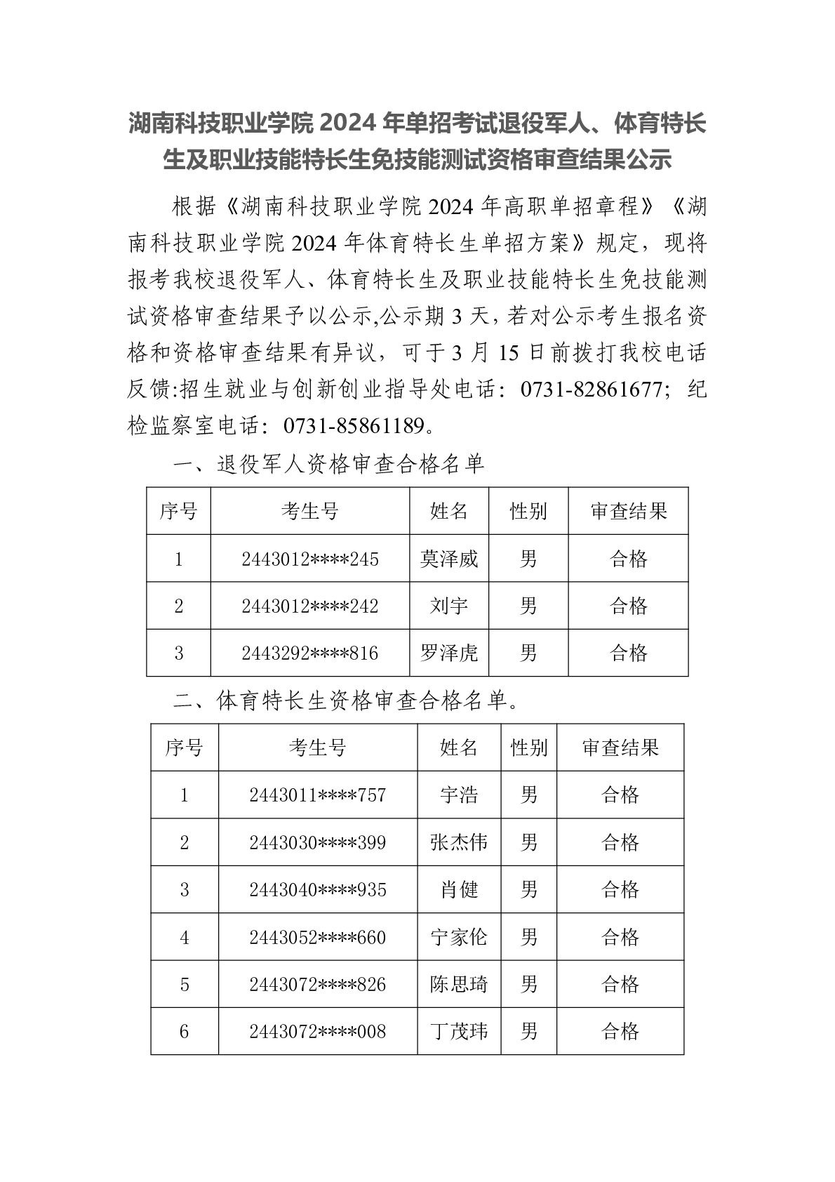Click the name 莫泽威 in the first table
click(449, 559)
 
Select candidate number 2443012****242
click(309, 606)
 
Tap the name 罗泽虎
click(449, 653)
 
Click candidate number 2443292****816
click(309, 653)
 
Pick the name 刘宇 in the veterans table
click(449, 606)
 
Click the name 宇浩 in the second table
click(459, 795)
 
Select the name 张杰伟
click(459, 842)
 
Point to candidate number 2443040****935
click(317, 890)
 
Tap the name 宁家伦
click(459, 937)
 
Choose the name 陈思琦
click(459, 984)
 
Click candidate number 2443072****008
click(317, 1032)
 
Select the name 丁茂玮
click(459, 1032)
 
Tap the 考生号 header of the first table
click(309, 511)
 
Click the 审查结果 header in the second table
click(620, 748)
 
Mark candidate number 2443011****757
click(317, 795)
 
